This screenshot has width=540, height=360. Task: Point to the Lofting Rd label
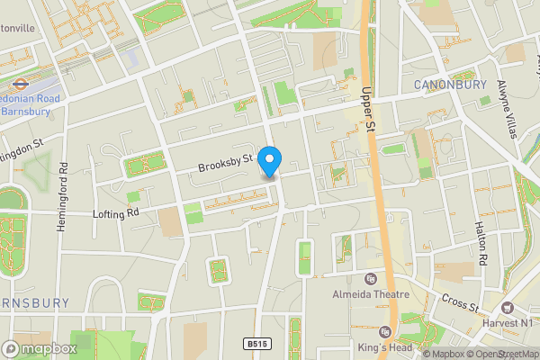tap(116, 213)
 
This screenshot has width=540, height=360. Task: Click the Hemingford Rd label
tap(63, 197)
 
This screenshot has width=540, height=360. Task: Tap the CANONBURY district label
tap(449, 85)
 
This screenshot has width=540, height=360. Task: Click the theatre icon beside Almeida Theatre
tap(371, 277)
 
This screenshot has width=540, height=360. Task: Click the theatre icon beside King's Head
tap(386, 332)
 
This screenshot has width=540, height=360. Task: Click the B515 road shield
tap(257, 343)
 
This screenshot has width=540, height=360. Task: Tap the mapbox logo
tap(40, 348)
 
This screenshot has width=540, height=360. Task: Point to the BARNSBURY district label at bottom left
tap(32, 303)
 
